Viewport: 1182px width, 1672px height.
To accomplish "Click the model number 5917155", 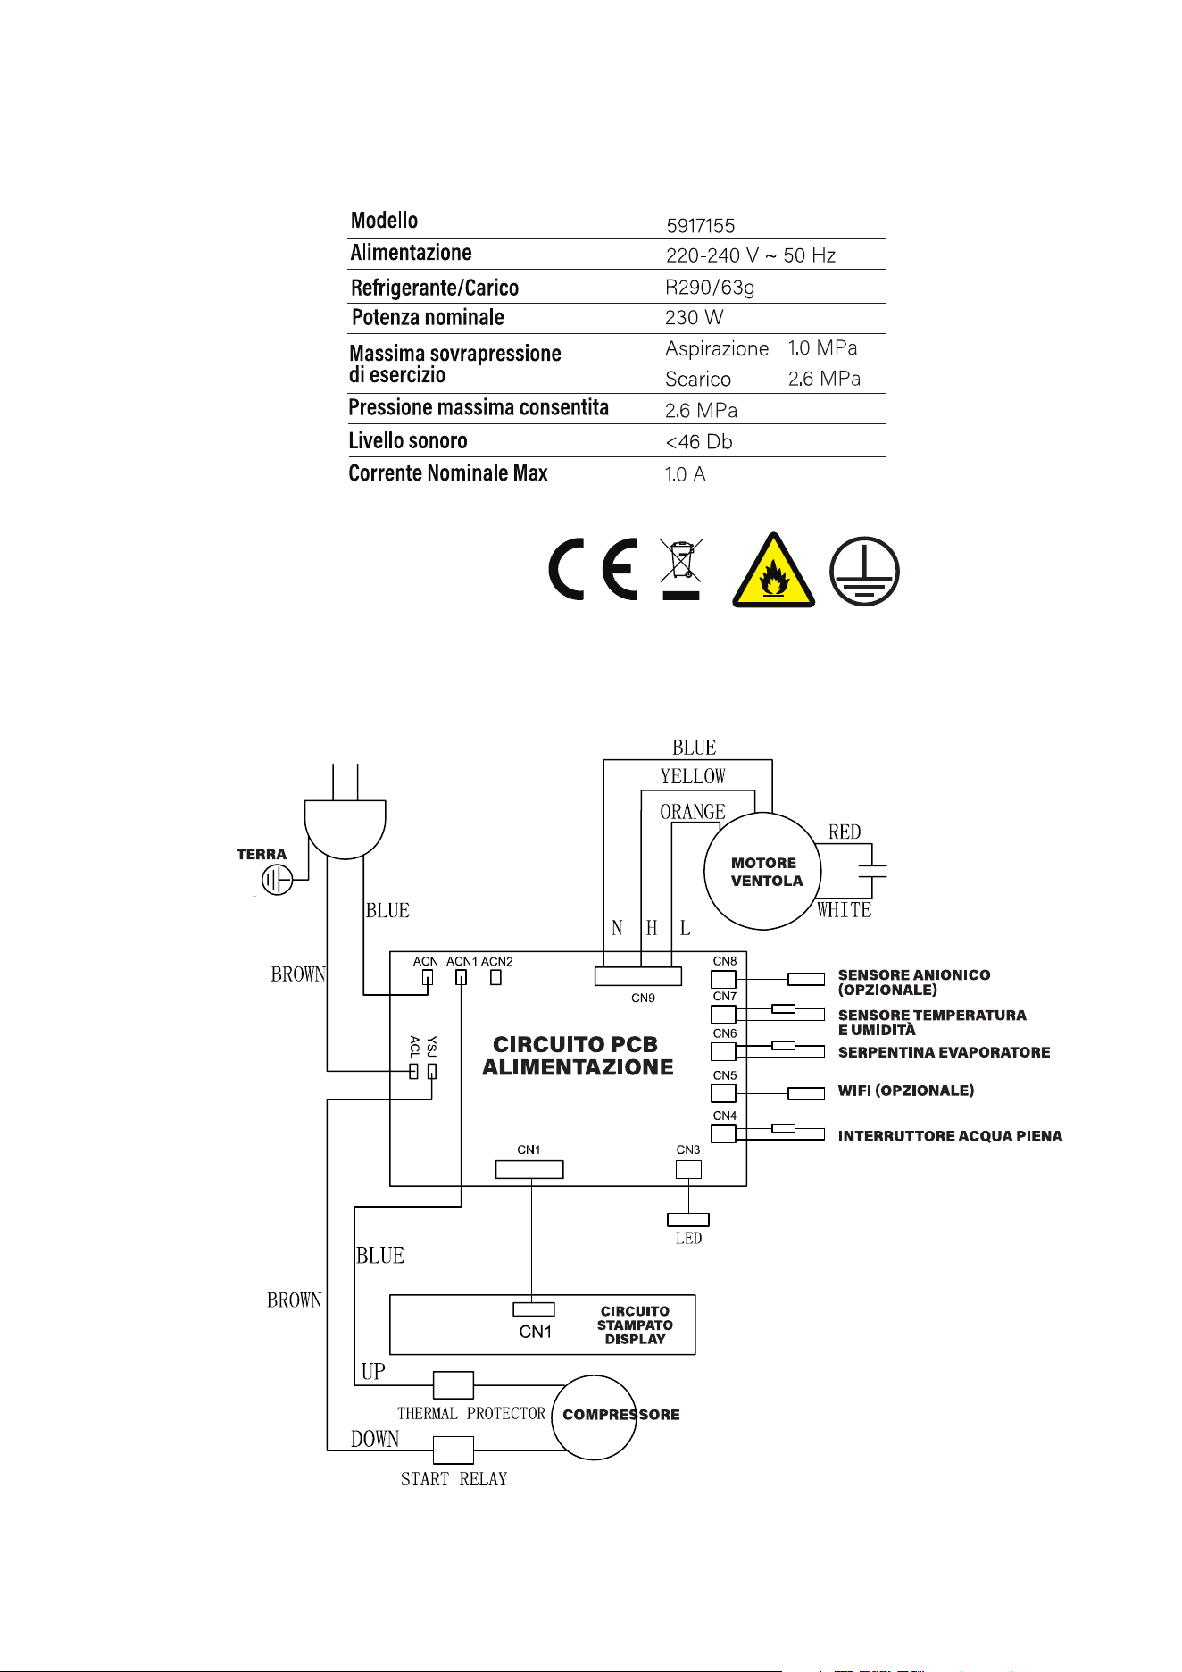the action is point(700,226).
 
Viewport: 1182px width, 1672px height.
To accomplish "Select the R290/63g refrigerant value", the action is point(710,288).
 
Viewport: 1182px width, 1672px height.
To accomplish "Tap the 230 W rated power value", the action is point(694,318).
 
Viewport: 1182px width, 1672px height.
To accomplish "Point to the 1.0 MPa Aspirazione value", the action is point(822,347).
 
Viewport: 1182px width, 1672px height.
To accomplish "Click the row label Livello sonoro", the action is point(408,440).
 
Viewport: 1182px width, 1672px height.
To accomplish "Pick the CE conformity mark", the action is point(593,569).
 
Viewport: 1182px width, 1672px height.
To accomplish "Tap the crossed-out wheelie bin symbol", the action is point(681,569).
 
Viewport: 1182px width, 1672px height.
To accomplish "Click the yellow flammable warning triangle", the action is point(773,571).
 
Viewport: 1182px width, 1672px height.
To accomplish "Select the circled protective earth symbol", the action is point(864,572).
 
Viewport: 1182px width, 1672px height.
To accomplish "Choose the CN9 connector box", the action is point(638,976).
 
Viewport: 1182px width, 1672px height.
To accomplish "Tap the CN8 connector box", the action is point(724,979).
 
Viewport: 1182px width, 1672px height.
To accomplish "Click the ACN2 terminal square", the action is point(496,977).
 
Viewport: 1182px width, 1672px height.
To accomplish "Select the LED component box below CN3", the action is point(688,1220).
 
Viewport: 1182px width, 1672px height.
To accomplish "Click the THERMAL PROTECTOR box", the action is point(454,1385).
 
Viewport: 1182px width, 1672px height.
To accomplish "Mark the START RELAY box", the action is point(454,1450).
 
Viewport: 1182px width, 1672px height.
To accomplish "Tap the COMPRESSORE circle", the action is point(594,1417).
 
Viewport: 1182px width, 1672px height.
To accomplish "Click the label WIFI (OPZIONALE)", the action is point(906,1091).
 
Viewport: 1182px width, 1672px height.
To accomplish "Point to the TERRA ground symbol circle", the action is point(277,880).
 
